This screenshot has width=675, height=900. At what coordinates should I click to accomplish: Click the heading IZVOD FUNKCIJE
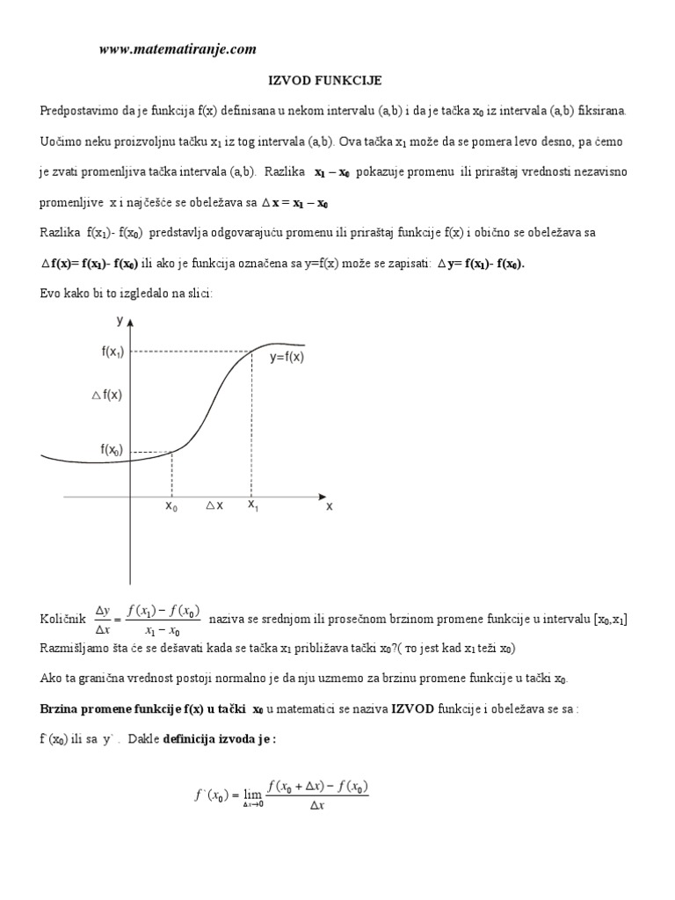[x=324, y=81]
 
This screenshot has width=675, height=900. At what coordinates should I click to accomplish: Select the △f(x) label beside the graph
[x=107, y=396]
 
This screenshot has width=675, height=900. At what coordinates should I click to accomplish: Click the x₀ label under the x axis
[x=171, y=506]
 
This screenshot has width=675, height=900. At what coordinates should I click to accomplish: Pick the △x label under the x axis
[x=214, y=506]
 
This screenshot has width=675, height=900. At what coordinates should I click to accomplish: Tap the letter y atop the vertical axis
[x=120, y=322]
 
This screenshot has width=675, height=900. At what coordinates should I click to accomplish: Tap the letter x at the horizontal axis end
[x=330, y=506]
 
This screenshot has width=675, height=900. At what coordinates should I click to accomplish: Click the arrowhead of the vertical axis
[x=131, y=326]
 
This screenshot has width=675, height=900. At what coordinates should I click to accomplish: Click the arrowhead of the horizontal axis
[x=318, y=494]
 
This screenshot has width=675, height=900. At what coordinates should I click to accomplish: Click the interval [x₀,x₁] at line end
[x=606, y=620]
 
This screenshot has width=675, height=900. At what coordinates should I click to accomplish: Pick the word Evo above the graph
[x=50, y=294]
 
